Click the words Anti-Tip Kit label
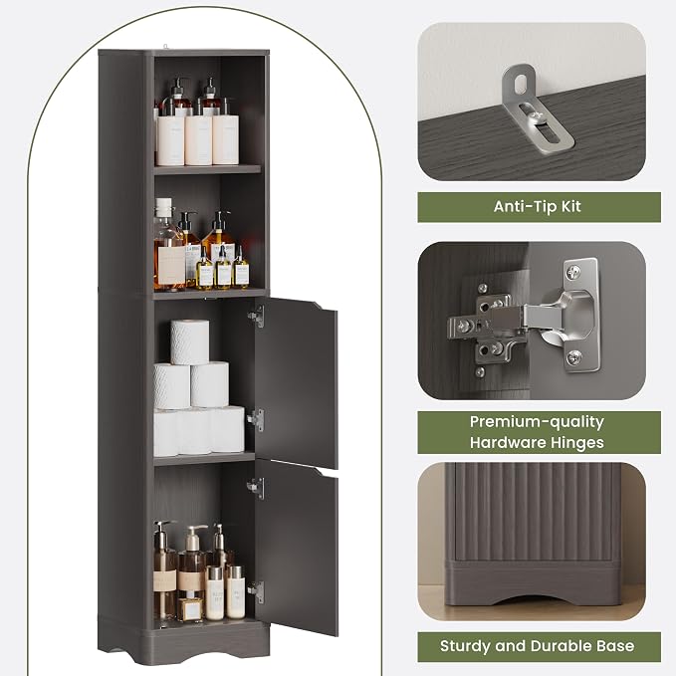[x=537, y=206]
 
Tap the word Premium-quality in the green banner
[x=537, y=422]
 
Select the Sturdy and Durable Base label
[x=537, y=646]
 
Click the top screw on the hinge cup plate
[x=573, y=272]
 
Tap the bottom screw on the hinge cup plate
[x=573, y=357]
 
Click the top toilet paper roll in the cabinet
[x=190, y=342]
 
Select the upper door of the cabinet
[x=296, y=382]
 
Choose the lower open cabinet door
[x=296, y=547]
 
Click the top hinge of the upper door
[x=257, y=317]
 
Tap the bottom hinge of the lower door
[x=256, y=592]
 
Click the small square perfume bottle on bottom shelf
[x=190, y=609]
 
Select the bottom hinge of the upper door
[x=256, y=420]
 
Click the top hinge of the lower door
[x=256, y=488]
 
